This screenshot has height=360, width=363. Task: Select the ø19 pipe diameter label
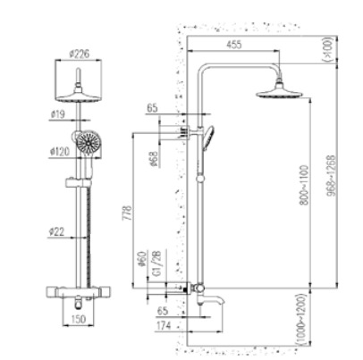click(58, 114)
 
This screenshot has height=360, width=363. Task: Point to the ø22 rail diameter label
click(58, 231)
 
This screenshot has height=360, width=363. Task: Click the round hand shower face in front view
click(89, 143)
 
